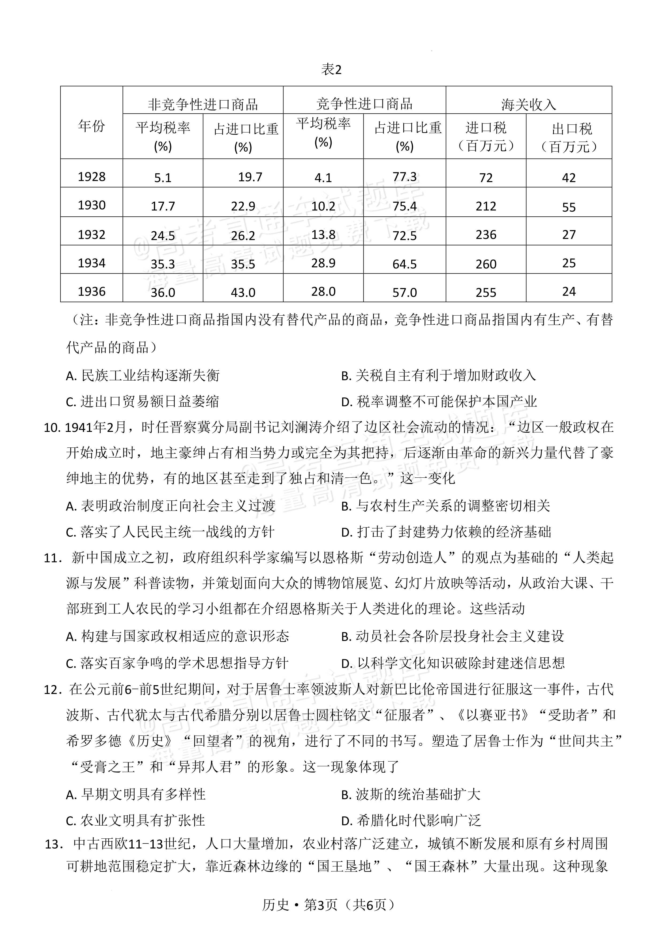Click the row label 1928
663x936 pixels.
point(91,177)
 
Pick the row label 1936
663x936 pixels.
point(91,291)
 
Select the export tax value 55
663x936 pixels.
point(569,207)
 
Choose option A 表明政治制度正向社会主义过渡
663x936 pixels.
point(170,506)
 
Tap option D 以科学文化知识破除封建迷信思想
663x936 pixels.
point(453,663)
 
